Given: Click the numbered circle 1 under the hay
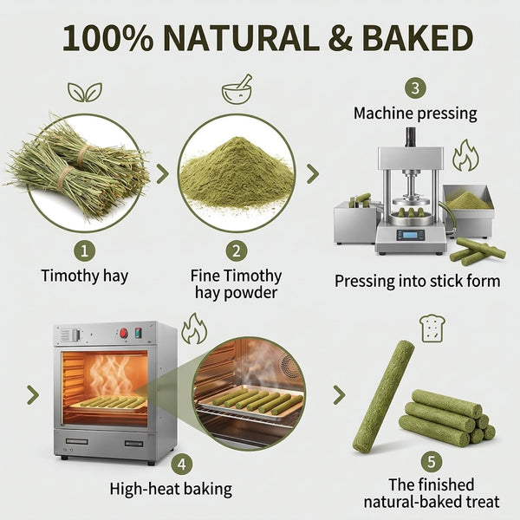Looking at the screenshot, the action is tap(85, 251).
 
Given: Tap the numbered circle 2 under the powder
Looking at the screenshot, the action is tap(236, 251).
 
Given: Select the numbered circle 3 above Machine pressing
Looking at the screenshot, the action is tap(415, 88).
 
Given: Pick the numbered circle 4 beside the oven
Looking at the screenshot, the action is tap(182, 465).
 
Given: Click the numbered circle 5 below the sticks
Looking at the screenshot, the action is tap(431, 461).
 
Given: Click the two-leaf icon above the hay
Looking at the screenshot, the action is tap(85, 92).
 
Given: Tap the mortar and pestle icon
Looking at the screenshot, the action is tap(237, 89).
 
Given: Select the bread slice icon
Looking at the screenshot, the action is tap(432, 328).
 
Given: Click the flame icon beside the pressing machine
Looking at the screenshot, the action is tap(465, 155).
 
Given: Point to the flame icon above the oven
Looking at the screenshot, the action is tap(194, 329).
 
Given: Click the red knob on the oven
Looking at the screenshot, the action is tap(124, 333).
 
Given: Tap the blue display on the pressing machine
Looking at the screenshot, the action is tap(411, 235).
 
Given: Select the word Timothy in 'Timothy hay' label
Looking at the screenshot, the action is tap(70, 276).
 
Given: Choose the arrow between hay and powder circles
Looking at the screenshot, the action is tap(163, 173).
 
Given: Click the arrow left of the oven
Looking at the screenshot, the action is tap(33, 394).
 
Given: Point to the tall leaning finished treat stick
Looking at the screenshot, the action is tap(383, 396).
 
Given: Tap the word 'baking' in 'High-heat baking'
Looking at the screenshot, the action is tap(208, 489).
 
